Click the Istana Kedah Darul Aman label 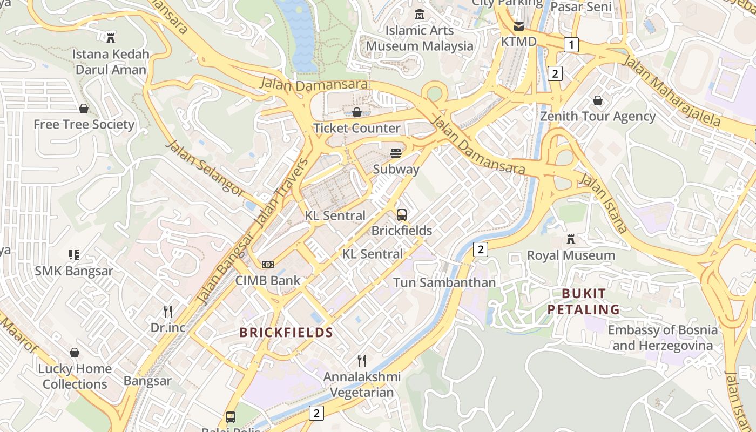click(x=111, y=62)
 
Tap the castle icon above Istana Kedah click(x=111, y=38)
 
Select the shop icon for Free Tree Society click(x=84, y=109)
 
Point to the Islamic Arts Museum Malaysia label click(x=420, y=38)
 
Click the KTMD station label click(x=518, y=42)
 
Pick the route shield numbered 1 click(x=571, y=44)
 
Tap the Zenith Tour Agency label click(x=598, y=116)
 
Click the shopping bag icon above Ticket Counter click(x=357, y=112)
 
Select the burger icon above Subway click(x=396, y=153)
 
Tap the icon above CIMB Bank click(x=268, y=265)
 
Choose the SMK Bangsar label click(x=74, y=271)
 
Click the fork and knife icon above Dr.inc click(x=168, y=312)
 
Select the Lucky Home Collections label click(x=75, y=376)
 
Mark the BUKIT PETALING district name click(x=584, y=301)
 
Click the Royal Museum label click(x=571, y=255)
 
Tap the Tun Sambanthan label click(x=444, y=282)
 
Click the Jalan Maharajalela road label click(x=672, y=90)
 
